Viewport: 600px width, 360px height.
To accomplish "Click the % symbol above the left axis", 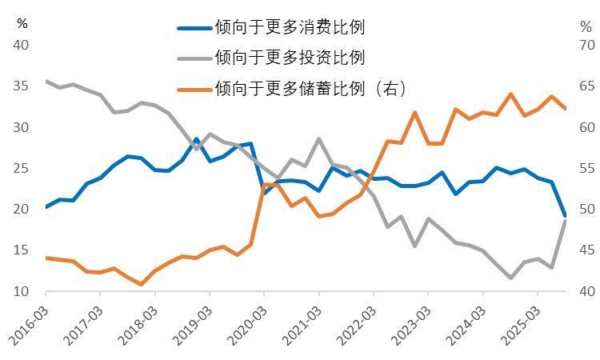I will (x=22, y=22).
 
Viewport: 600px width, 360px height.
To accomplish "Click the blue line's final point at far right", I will (x=565, y=215).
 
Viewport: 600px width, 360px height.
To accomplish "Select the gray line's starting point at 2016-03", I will (x=46, y=81).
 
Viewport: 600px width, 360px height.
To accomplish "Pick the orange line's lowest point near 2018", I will (x=142, y=284).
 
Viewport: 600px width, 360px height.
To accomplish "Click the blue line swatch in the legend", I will (x=194, y=28).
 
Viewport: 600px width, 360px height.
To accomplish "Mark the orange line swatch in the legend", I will (x=194, y=86).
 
